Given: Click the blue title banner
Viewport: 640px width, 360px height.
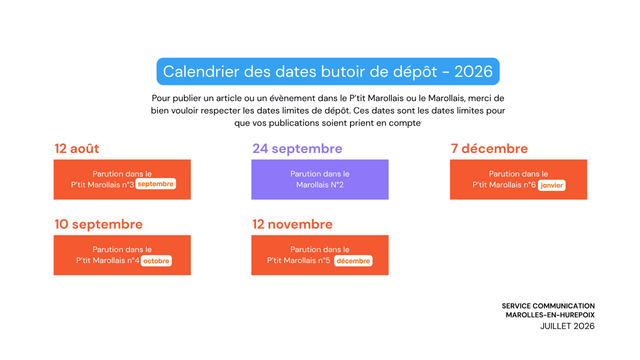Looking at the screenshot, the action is pyautogui.click(x=328, y=71).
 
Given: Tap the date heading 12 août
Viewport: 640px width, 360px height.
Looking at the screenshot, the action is pyautogui.click(x=77, y=148).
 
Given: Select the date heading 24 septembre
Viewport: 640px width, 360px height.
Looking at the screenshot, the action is pyautogui.click(x=297, y=148).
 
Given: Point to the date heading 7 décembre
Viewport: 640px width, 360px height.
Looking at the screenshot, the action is pyautogui.click(x=489, y=148).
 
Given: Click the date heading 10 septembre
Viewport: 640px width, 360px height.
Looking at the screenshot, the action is pyautogui.click(x=98, y=225).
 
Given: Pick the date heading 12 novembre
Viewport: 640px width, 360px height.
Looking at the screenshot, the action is pyautogui.click(x=292, y=225).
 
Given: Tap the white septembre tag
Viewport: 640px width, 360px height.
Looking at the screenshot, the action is pyautogui.click(x=155, y=184).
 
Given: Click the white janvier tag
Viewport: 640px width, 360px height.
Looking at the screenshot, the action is pyautogui.click(x=552, y=185).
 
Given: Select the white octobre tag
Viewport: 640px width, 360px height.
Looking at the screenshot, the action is pyautogui.click(x=156, y=261).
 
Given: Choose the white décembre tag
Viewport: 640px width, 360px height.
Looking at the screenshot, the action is pyautogui.click(x=353, y=261).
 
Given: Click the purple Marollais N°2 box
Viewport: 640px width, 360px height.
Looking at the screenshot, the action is pyautogui.click(x=320, y=179).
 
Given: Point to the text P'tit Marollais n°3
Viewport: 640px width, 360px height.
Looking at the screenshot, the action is pyautogui.click(x=102, y=185).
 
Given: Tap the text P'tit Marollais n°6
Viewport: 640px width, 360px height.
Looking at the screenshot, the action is pyautogui.click(x=504, y=185).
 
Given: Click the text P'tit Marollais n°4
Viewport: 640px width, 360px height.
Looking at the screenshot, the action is pyautogui.click(x=108, y=260).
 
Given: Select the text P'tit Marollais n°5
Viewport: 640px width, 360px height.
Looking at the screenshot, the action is pyautogui.click(x=298, y=260).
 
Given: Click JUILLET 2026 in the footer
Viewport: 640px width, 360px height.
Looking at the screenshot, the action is pyautogui.click(x=567, y=326).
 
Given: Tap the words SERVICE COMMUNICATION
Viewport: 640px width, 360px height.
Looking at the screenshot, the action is pyautogui.click(x=548, y=306).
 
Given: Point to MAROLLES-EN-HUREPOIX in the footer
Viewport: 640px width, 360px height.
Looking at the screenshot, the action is pyautogui.click(x=550, y=315).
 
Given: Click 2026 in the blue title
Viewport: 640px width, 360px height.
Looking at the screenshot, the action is pyautogui.click(x=474, y=71).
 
